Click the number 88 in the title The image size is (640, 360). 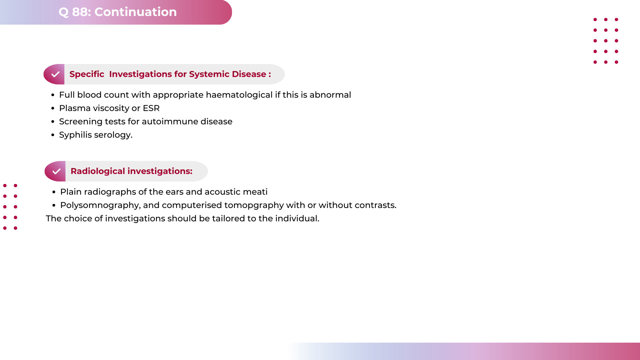tap(81, 12)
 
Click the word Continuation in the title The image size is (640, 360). tap(135, 12)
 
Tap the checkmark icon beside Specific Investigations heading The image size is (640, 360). tap(55, 74)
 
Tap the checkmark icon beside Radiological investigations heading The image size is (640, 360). tap(56, 171)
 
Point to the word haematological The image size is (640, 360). tap(239, 95)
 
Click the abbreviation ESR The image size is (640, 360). tap(151, 108)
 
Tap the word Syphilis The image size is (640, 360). tap(75, 135)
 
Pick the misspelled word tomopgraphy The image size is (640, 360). tap(254, 205)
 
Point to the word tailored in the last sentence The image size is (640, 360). tap(228, 219)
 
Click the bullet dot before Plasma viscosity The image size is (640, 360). tap(53, 109)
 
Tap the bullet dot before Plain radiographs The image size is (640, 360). tap(54, 192)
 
